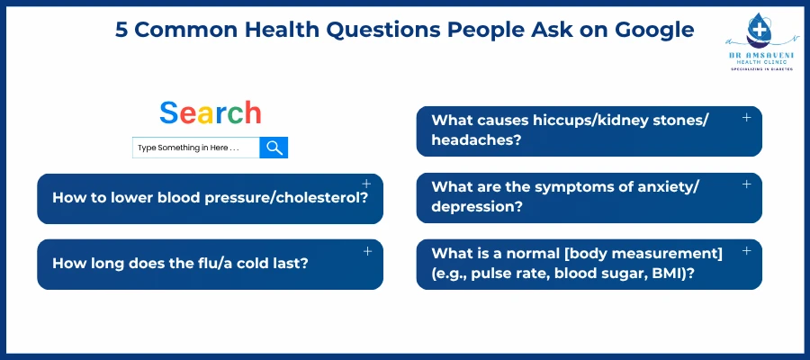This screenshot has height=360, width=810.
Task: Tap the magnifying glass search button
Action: coord(274,148)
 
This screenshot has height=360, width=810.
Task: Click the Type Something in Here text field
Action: coord(195,148)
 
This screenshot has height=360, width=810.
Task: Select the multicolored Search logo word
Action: coord(211,113)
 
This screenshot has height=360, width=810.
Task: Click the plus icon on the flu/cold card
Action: coord(367,251)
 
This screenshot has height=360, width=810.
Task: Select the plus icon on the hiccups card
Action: coord(746,118)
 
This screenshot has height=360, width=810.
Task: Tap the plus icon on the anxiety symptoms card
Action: coord(746,184)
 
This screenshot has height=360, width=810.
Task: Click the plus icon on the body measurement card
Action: coord(746,251)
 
